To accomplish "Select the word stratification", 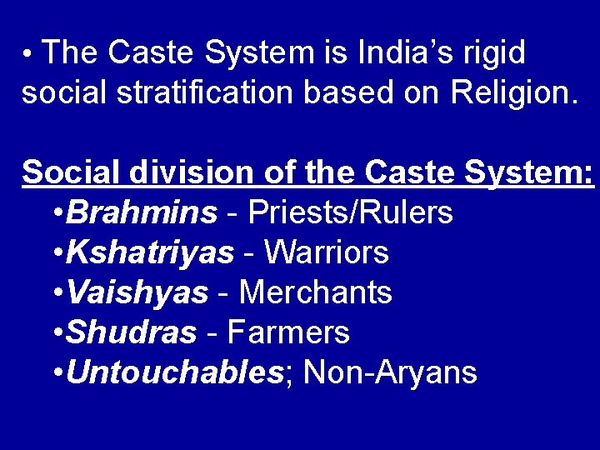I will pos(204,92).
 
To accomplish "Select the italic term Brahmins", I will pos(142,212).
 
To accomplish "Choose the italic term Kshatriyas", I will pos(151,252).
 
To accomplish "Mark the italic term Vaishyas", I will pos(137,292).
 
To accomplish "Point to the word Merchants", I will pos(316,292).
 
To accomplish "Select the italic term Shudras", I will pos(132,332).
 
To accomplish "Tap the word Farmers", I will pos(287,332).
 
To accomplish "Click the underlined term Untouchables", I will pos(174,372).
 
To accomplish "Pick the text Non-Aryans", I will pos(390,372).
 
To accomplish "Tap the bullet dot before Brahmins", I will pos(56,214).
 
